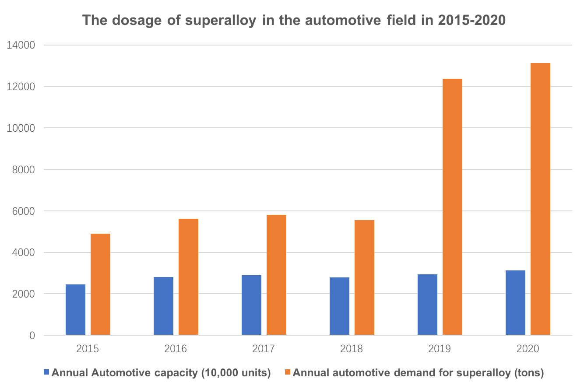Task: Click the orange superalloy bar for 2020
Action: click(540, 199)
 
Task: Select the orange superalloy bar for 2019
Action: click(452, 207)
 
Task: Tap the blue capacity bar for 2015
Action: click(75, 310)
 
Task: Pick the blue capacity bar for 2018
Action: click(339, 306)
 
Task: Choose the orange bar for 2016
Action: click(188, 277)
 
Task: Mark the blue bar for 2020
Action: click(515, 303)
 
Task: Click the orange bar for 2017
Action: click(276, 275)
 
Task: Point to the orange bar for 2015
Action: click(100, 284)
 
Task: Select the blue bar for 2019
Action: click(427, 305)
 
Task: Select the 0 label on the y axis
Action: click(32, 336)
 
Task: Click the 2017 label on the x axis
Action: click(264, 349)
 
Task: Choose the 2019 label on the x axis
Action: click(440, 349)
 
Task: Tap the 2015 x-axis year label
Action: click(88, 349)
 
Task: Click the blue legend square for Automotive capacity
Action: click(47, 373)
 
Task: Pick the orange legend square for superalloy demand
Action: click(288, 373)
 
